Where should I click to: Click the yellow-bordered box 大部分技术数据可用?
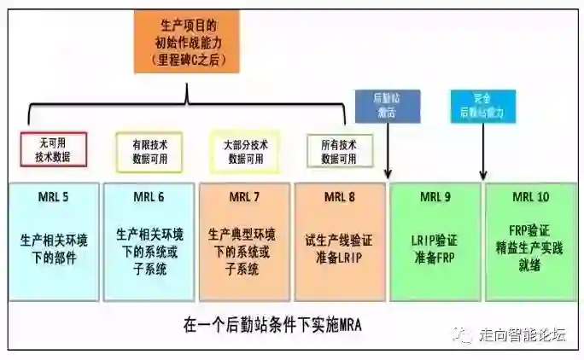click(245, 152)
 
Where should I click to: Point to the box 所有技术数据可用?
click(339, 152)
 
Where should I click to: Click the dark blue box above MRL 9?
click(388, 107)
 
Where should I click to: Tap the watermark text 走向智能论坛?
click(521, 334)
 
